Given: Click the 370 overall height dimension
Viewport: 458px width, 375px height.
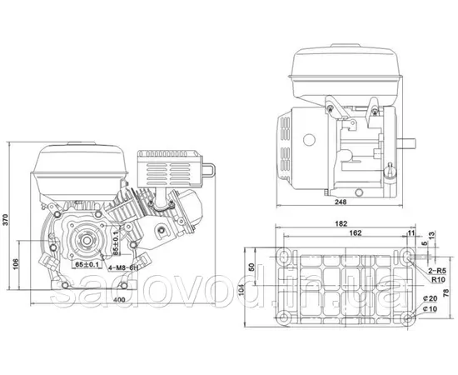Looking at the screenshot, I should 7,220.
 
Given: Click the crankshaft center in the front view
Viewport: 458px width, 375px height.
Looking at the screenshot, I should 84,243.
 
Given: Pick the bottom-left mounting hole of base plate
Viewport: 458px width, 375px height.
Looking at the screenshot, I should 286,317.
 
